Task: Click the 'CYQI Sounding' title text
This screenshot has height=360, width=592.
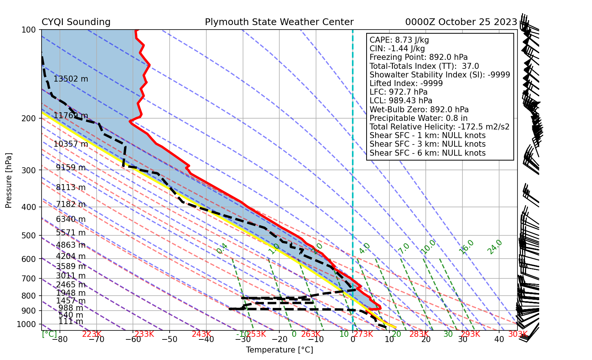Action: click(76, 22)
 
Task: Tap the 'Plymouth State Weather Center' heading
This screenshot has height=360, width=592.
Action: click(279, 22)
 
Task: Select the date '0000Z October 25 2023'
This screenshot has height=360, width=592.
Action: click(461, 22)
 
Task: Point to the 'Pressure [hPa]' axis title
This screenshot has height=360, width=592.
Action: click(9, 180)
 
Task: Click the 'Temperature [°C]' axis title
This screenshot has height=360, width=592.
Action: click(279, 350)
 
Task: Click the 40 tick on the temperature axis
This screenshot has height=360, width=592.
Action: click(499, 340)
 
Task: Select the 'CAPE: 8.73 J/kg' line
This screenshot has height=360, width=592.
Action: click(399, 40)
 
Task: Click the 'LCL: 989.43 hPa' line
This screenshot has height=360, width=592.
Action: click(401, 101)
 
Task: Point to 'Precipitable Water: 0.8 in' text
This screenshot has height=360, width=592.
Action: click(418, 118)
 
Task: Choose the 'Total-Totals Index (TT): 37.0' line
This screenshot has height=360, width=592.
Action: click(424, 66)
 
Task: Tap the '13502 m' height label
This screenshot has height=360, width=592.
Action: click(71, 79)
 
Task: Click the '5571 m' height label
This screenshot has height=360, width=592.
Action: click(71, 233)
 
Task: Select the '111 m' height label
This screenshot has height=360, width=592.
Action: click(71, 321)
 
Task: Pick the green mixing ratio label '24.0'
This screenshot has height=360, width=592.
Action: click(495, 247)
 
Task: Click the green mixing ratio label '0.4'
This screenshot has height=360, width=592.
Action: click(222, 248)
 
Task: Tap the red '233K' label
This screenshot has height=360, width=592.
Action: click(144, 334)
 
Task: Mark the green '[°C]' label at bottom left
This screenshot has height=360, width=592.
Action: click(49, 334)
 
